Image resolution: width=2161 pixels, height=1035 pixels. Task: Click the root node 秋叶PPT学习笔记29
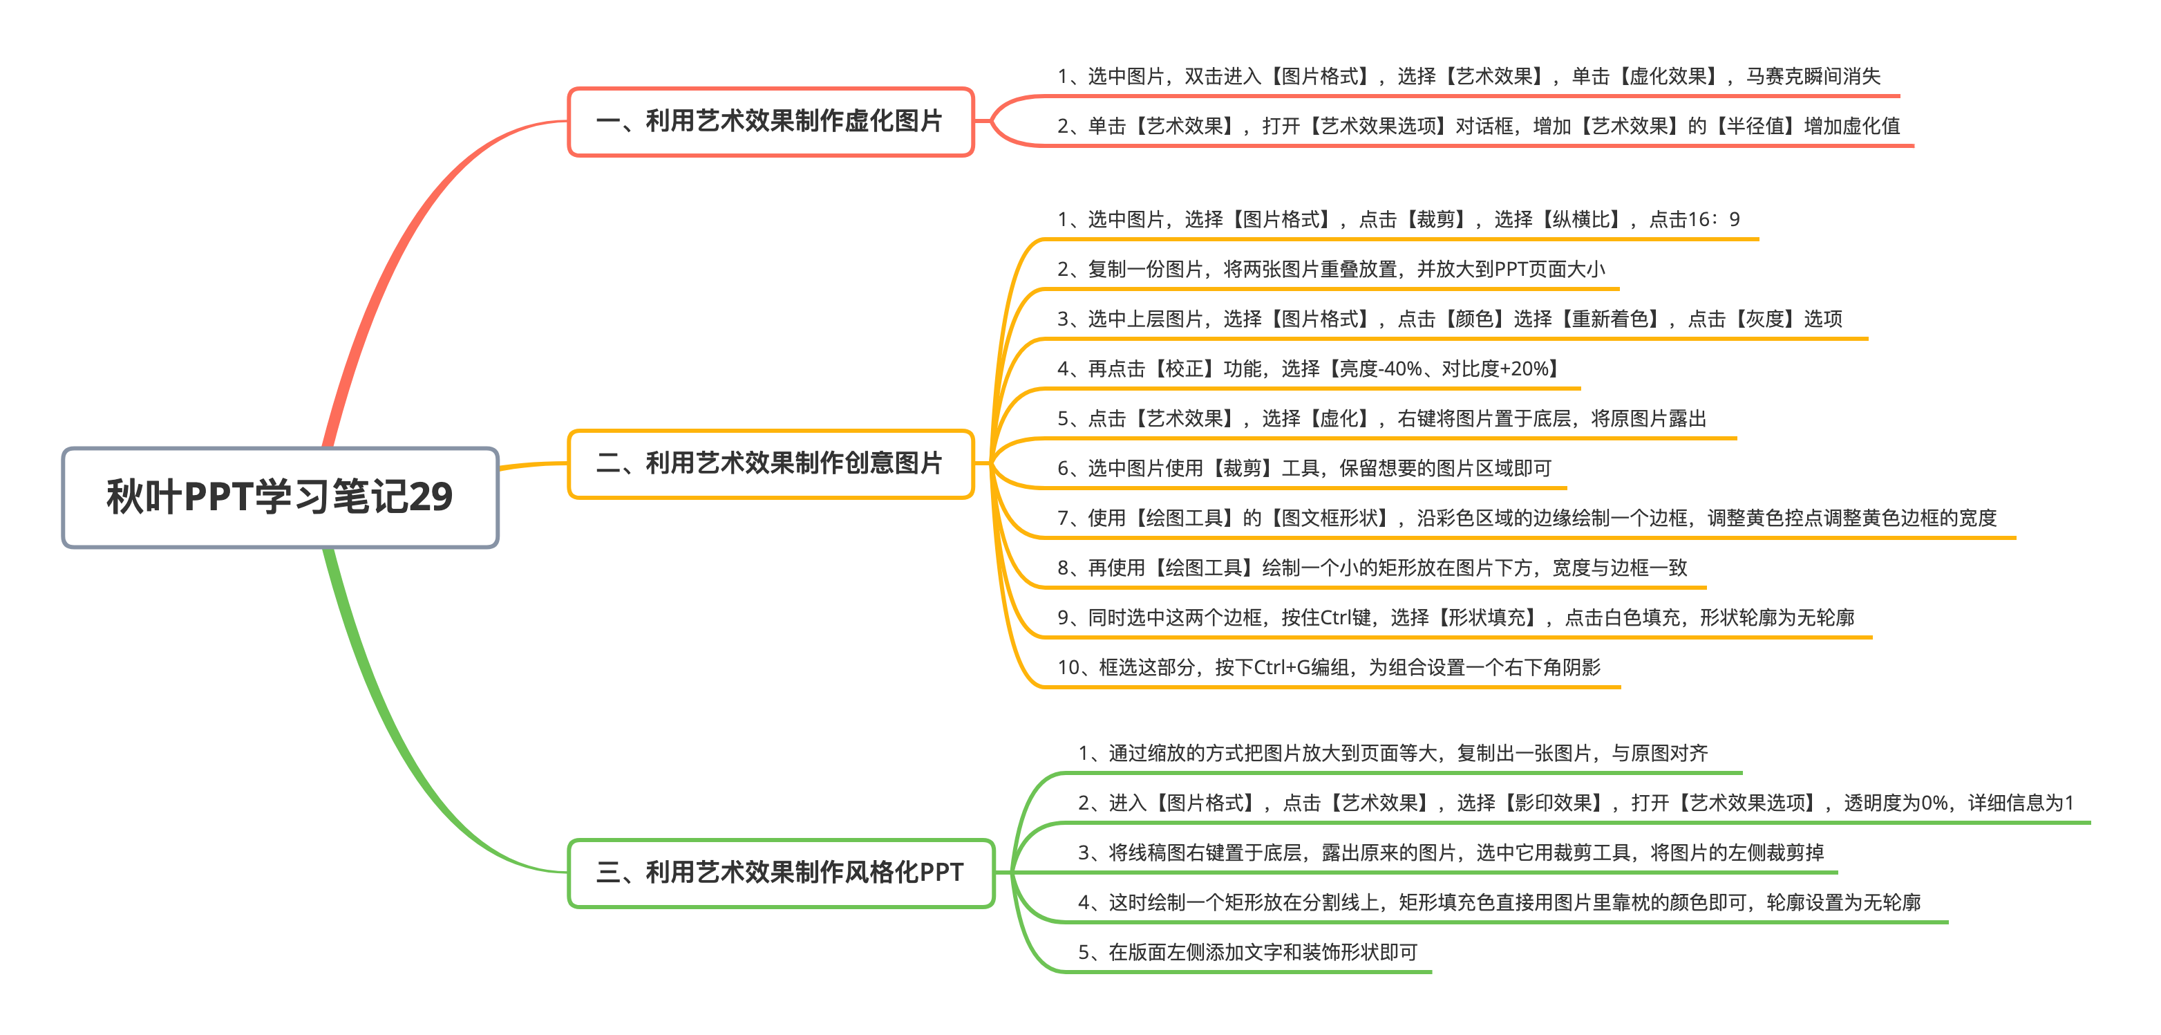pyautogui.click(x=280, y=497)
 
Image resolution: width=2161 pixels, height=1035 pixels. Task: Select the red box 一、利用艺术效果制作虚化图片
pyautogui.click(x=770, y=121)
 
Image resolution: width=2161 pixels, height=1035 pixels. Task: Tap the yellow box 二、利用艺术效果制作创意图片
pyautogui.click(x=770, y=463)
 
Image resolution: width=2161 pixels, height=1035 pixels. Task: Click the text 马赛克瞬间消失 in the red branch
pyautogui.click(x=1813, y=76)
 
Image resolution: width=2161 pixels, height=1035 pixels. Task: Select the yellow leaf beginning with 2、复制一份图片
pyautogui.click(x=1330, y=269)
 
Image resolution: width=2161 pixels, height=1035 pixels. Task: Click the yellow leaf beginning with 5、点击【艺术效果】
pyautogui.click(x=1381, y=418)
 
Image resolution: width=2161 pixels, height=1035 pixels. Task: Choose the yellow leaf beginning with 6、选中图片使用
pyautogui.click(x=1303, y=467)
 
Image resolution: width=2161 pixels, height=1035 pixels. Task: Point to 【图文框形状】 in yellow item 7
pyautogui.click(x=1330, y=518)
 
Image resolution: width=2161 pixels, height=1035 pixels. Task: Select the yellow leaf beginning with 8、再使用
pyautogui.click(x=1372, y=568)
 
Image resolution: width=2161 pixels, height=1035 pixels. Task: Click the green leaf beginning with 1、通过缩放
pyautogui.click(x=1393, y=753)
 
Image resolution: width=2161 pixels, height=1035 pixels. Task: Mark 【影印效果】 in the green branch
pyautogui.click(x=1553, y=803)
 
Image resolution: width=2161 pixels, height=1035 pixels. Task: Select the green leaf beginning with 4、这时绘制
pyautogui.click(x=1499, y=902)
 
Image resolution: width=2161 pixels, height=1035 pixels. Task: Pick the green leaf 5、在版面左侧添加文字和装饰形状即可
pyautogui.click(x=1247, y=952)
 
